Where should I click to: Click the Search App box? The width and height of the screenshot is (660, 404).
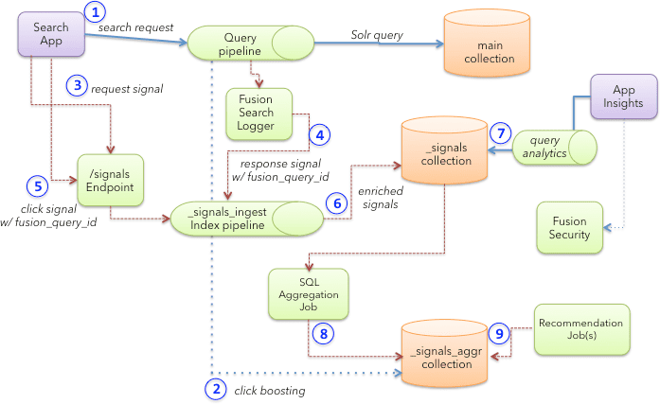(51, 34)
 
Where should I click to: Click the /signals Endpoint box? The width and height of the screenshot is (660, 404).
(110, 180)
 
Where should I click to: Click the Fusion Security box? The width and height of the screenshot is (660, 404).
(569, 227)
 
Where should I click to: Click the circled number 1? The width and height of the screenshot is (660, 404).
(97, 13)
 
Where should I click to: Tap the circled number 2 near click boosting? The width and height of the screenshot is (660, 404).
(216, 388)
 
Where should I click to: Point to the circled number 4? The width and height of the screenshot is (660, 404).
(321, 135)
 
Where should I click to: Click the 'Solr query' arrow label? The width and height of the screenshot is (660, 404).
(377, 35)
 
